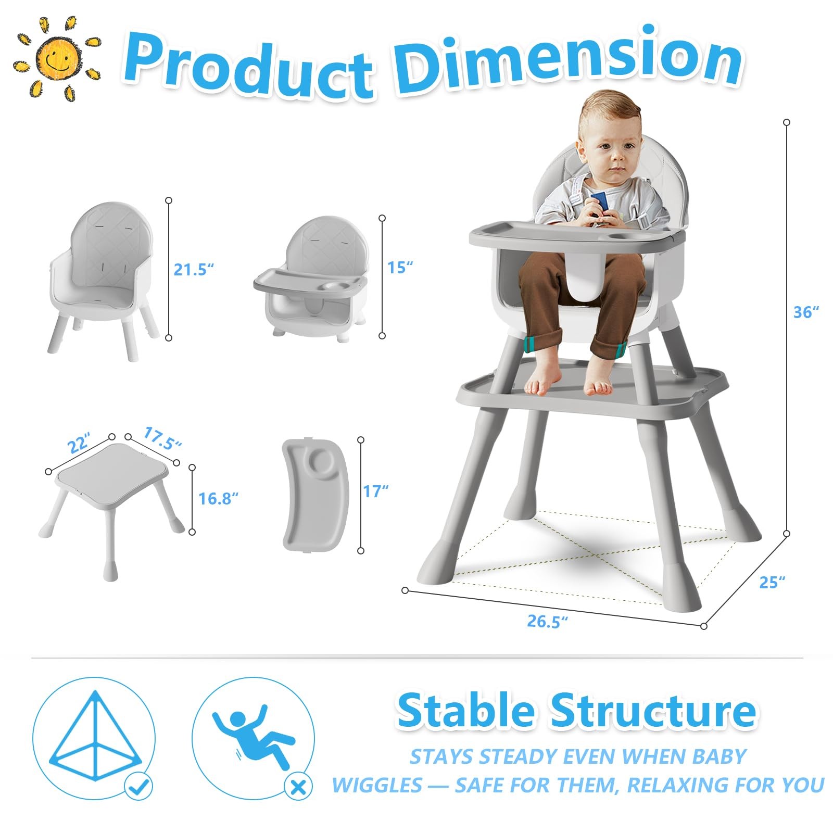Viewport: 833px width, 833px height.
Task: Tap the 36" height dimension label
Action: coord(806,312)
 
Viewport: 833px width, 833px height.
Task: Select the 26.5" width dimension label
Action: coord(547,621)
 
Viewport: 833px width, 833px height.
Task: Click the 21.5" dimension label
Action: coord(194,270)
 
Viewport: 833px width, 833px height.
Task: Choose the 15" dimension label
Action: coord(400,267)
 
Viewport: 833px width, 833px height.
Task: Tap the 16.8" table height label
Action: coord(218,498)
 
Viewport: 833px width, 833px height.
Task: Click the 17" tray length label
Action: coord(376,491)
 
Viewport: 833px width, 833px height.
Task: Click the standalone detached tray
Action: coord(315,494)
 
